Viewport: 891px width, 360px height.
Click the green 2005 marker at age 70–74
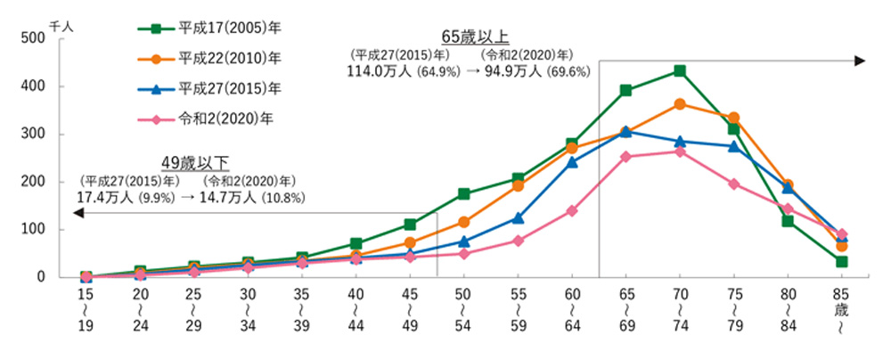tap(680, 70)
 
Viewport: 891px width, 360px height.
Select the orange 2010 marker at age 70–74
tap(680, 104)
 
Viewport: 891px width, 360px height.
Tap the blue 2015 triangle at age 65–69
tap(626, 131)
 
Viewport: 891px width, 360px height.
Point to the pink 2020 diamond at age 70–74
tap(680, 151)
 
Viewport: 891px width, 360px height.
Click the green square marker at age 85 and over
tap(841, 261)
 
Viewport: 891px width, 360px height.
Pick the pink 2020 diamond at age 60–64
tap(571, 210)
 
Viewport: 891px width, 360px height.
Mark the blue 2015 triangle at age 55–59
tap(518, 217)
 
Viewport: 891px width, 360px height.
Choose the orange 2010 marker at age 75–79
tap(733, 118)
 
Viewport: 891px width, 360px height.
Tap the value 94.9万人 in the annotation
tap(514, 71)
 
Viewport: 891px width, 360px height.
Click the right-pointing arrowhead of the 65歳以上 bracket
tap(859, 61)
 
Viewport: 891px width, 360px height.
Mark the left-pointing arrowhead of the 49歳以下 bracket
tap(78, 213)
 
